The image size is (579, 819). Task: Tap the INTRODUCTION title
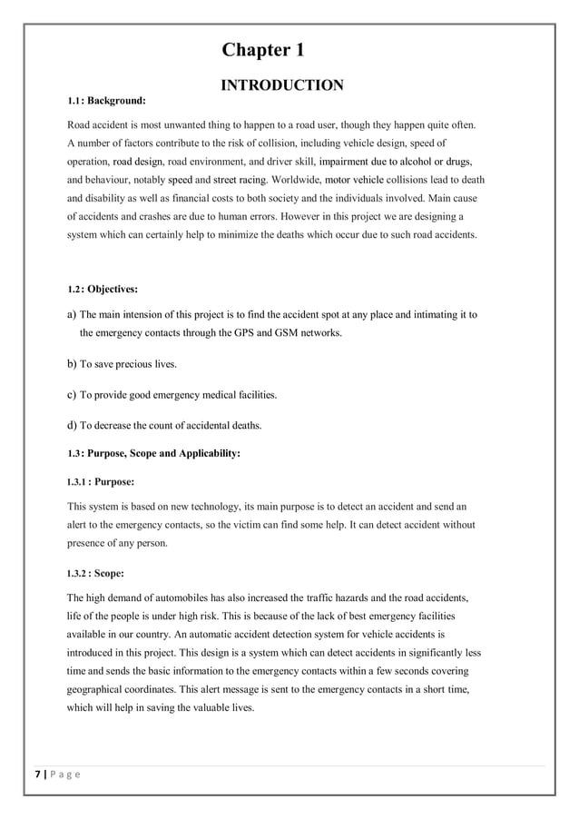pos(281,86)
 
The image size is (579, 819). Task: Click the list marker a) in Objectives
pos(72,315)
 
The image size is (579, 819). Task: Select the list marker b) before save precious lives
pos(72,364)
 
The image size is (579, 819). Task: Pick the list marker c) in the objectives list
pos(72,395)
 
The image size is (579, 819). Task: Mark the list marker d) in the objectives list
pos(72,426)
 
